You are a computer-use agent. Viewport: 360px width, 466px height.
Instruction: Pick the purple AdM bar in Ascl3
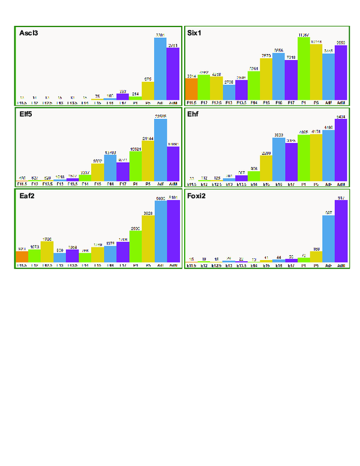173,73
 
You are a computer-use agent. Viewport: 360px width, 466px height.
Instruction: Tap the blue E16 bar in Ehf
279,159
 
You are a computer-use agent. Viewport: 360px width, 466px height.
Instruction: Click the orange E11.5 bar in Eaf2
22,257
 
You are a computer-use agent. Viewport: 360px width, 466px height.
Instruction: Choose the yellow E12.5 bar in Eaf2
47,252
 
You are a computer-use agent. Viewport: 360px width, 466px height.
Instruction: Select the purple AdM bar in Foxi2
341,231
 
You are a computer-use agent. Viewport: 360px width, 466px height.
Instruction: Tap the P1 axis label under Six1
304,103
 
